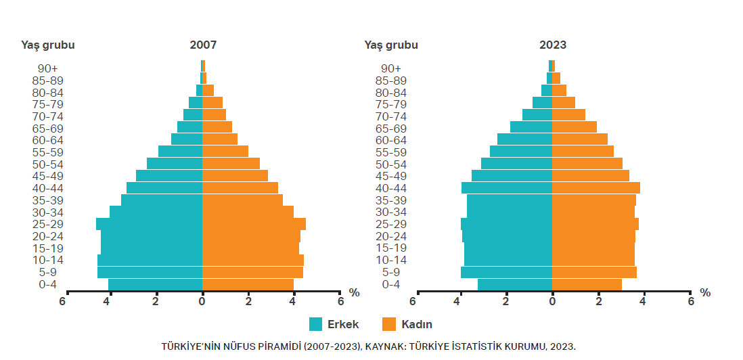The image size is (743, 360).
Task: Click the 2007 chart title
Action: [203, 45]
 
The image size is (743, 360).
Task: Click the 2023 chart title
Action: [553, 45]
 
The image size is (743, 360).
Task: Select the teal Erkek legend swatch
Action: [316, 324]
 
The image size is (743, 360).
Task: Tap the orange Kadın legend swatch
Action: [389, 324]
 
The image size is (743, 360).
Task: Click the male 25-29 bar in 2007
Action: [149, 224]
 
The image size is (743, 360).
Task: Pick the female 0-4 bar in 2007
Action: [248, 284]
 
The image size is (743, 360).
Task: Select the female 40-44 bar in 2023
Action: [595, 187]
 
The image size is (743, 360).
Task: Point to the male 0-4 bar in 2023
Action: [515, 284]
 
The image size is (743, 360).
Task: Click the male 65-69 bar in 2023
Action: [531, 127]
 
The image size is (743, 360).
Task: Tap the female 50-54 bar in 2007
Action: [231, 164]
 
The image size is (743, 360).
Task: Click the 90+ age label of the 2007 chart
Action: [48, 68]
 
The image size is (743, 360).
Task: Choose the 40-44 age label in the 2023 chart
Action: [390, 188]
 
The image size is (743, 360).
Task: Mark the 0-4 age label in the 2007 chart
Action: [48, 284]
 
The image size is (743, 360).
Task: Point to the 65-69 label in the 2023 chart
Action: [390, 128]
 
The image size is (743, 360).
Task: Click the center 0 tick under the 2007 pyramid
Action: [202, 301]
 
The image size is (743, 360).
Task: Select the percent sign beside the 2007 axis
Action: [354, 292]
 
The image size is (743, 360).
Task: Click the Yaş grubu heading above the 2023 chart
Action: [391, 45]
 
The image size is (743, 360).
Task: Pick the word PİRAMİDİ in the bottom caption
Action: [277, 346]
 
